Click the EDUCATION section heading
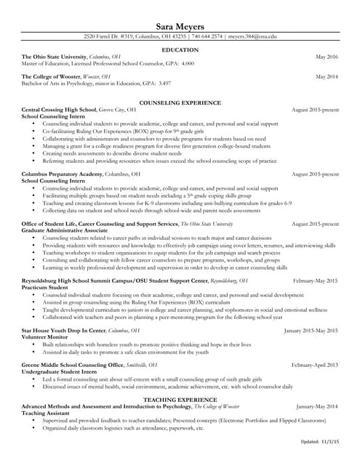180,49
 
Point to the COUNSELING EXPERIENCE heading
180,103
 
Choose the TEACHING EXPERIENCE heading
180,400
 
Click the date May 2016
327,57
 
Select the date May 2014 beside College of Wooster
327,76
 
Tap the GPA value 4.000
188,63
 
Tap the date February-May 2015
315,280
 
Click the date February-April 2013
315,364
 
